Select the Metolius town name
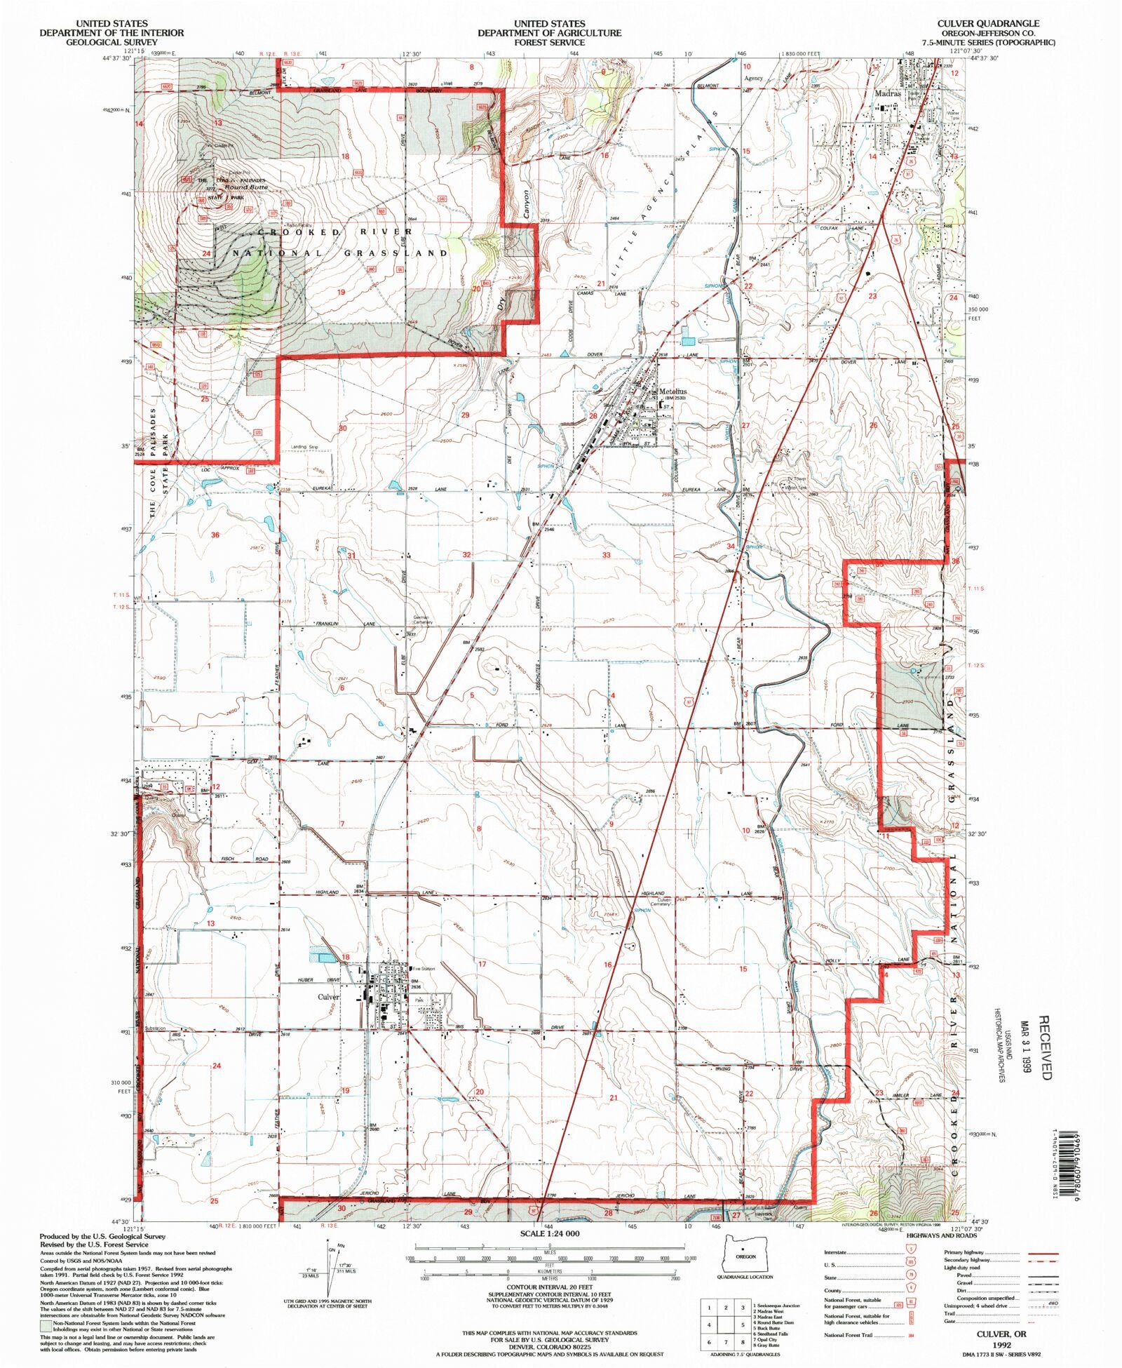tap(672, 391)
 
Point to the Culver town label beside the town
tap(328, 997)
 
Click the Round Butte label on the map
tap(246, 187)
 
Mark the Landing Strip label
tap(304, 447)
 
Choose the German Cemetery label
tap(423, 620)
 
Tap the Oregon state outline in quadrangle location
tap(745, 1256)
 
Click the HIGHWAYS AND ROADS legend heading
tap(941, 1235)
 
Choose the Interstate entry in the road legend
tap(835, 1252)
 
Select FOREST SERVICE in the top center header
tap(549, 42)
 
